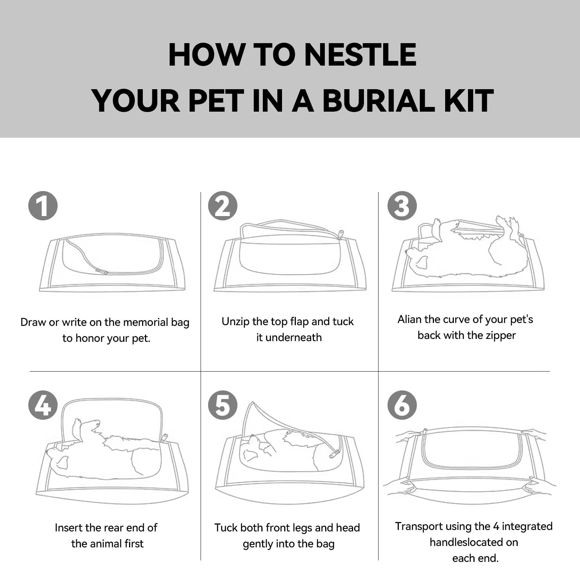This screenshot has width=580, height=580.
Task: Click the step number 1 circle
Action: pos(43,206)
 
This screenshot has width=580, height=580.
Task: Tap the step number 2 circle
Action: pos(223,206)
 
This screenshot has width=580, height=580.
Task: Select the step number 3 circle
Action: pos(402,206)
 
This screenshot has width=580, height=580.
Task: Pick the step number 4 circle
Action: pos(43,405)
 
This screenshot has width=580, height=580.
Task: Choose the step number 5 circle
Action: pos(223,405)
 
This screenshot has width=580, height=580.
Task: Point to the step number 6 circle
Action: pos(402,405)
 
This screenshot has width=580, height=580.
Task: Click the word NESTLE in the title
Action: pos(360,55)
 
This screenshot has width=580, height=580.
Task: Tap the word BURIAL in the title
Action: pos(379,100)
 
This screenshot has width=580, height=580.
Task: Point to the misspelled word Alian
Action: pos(410,319)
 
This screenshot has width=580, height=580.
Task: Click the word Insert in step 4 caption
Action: pos(69,527)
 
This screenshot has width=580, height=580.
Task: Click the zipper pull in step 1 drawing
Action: pos(101,271)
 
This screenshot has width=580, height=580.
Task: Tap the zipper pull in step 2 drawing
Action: pos(340,235)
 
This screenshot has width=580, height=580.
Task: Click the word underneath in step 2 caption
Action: pos(294,337)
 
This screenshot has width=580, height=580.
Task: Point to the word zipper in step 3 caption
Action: pos(501,336)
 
